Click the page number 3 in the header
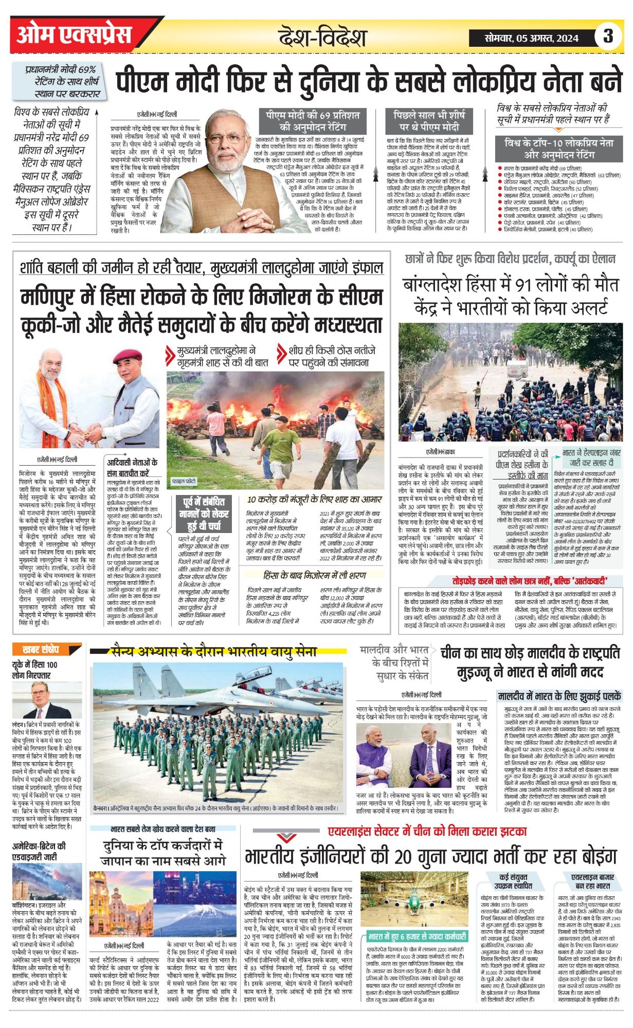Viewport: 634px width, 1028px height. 608,36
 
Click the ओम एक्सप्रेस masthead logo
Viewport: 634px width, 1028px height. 74,35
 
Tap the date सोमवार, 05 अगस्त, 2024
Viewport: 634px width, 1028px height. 531,38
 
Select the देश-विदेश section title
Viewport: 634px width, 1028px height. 322,37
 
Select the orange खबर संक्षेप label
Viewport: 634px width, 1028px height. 42,649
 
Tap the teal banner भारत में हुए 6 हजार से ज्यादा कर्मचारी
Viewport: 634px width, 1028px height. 417,936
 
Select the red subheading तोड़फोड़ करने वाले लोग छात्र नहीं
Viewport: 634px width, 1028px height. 534,581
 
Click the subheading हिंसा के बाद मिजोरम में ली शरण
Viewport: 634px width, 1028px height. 315,575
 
